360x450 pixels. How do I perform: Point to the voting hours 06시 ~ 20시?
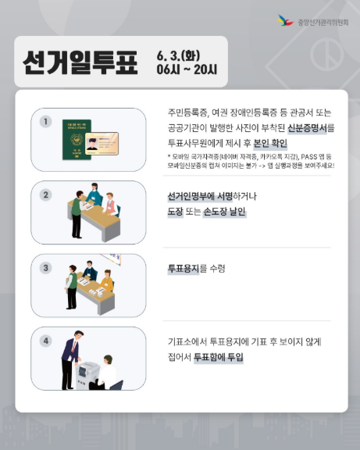point(187,70)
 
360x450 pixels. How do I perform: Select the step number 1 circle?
point(46,121)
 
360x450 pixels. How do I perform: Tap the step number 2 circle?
point(46,195)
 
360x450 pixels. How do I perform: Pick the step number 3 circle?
point(46,267)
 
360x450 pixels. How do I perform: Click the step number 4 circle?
point(46,341)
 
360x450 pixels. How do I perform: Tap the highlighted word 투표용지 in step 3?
point(184,268)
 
